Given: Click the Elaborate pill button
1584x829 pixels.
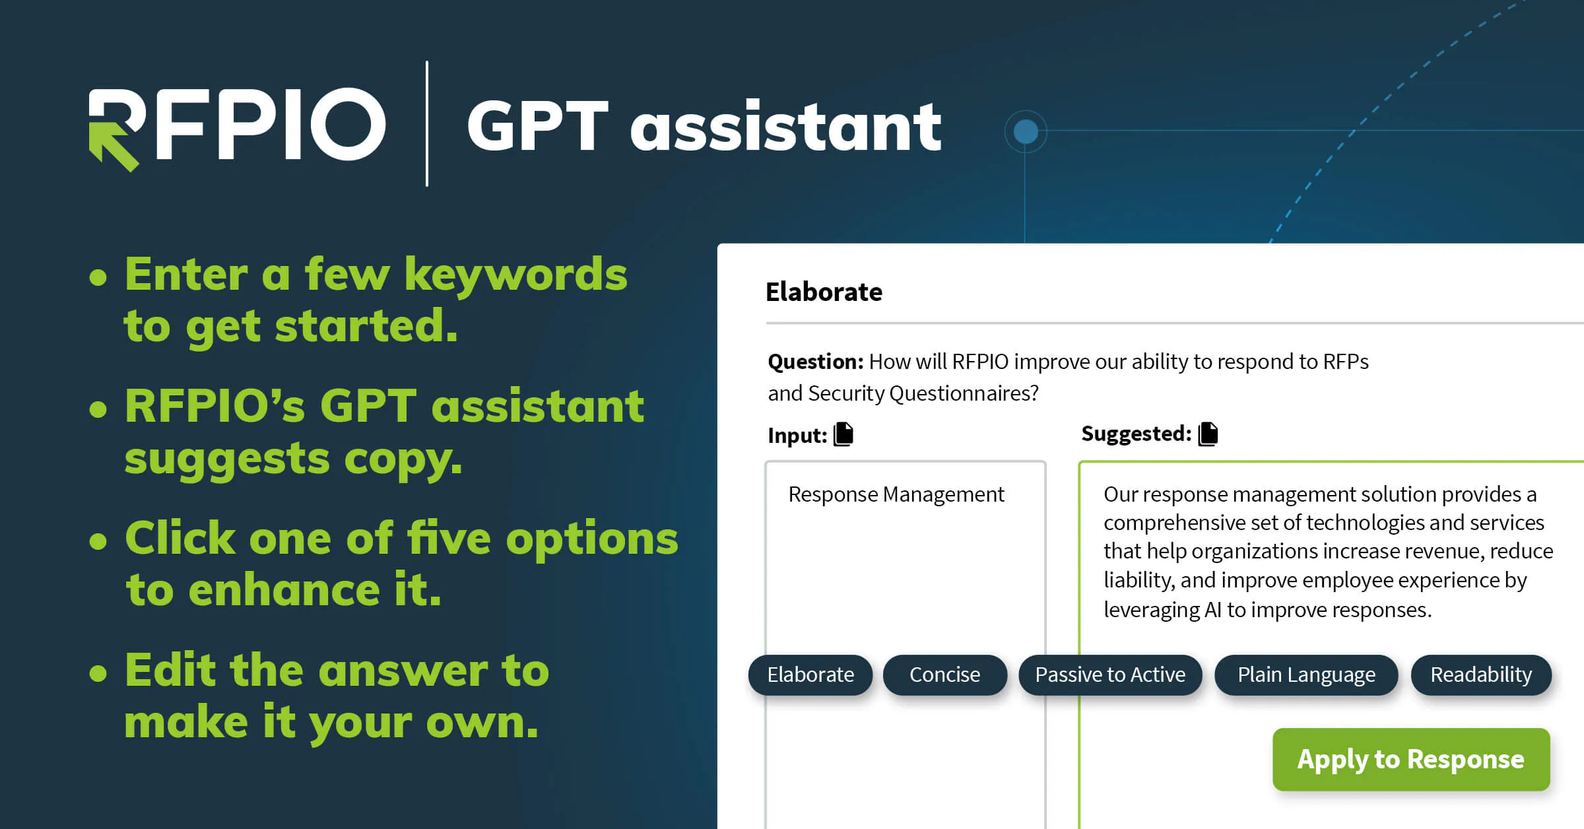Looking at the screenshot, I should (x=810, y=675).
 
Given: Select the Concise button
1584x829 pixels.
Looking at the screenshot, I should (x=944, y=675).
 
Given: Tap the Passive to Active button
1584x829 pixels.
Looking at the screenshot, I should (x=1110, y=675).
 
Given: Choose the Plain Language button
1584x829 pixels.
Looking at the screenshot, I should (x=1306, y=675).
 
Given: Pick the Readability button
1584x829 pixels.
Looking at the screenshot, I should (x=1481, y=675).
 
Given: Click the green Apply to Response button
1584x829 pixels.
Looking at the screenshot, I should (x=1411, y=759).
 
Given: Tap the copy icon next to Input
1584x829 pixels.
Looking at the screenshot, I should (x=843, y=434).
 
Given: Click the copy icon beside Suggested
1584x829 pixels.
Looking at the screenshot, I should (x=1208, y=434).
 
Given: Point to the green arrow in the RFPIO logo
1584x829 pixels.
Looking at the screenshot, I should (x=112, y=145).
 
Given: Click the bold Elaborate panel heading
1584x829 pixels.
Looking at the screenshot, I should (x=824, y=292).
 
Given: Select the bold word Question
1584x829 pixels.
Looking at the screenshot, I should (x=815, y=362).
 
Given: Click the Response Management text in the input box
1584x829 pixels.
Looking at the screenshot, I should (x=896, y=494).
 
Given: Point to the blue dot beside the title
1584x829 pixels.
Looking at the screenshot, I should (x=1026, y=131).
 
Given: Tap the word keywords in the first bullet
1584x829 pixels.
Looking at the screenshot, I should (x=515, y=275).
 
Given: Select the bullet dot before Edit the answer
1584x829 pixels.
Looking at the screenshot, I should (x=98, y=673).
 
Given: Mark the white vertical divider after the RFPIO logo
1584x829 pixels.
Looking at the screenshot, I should (x=427, y=123).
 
